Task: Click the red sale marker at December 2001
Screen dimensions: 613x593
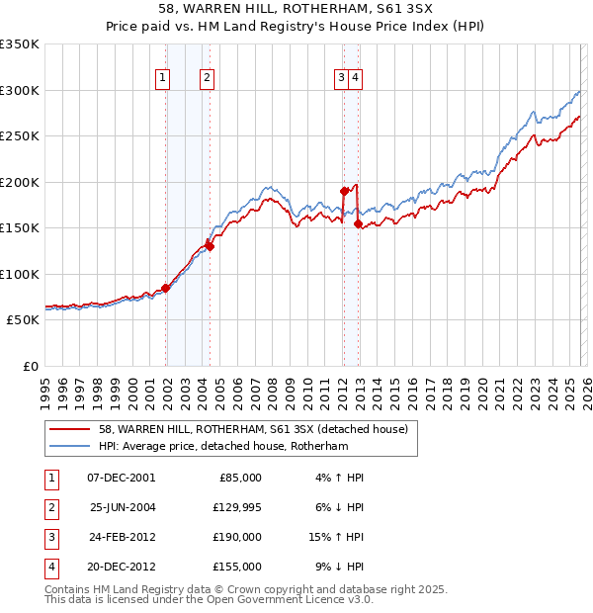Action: [166, 288]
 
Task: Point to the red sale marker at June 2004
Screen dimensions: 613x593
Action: [211, 246]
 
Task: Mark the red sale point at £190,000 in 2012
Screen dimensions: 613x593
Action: [344, 191]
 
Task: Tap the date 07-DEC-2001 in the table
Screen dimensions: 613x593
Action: [121, 478]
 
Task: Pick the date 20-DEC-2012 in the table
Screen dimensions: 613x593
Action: [122, 567]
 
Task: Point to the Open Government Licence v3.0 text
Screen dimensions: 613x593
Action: [287, 599]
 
